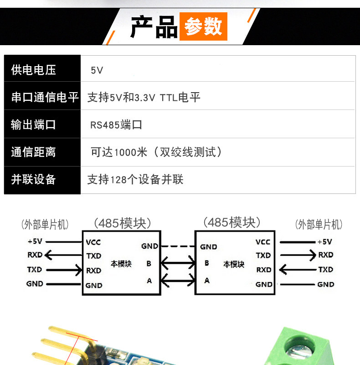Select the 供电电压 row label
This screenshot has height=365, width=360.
coord(34,70)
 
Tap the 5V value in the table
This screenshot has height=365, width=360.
coord(97,70)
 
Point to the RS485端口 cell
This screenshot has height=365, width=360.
coord(116,125)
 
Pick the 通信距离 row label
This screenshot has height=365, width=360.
coord(34,152)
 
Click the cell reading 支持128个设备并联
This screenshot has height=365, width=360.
coord(135,179)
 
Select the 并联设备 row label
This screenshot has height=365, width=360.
coord(34,179)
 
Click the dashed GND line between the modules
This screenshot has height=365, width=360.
coord(178,246)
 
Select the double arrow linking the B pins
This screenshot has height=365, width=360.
coord(178,263)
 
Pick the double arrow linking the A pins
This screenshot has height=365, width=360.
coord(178,280)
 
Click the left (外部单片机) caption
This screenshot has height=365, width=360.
coord(45,224)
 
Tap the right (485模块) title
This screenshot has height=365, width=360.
coord(232,222)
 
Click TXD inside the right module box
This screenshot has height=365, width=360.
coord(263,255)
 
